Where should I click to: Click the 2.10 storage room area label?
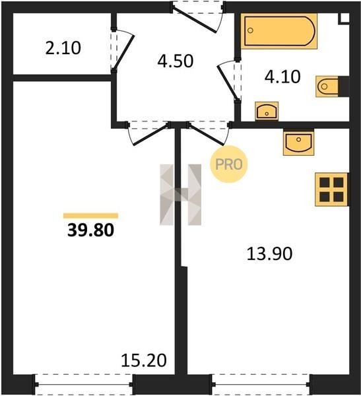click(63, 48)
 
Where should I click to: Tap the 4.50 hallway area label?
click(176, 61)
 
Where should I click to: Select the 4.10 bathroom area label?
click(282, 77)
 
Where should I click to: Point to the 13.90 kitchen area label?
click(269, 253)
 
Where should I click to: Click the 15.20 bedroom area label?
click(144, 360)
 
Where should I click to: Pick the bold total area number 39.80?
click(90, 230)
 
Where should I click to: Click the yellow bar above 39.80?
click(90, 215)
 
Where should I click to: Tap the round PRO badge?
click(229, 164)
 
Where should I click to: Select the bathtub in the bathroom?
click(279, 31)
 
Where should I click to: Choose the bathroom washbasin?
click(267, 111)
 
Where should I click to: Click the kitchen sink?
click(298, 142)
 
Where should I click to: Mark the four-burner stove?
click(332, 189)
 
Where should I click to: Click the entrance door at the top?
click(198, 16)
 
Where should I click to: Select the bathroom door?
click(229, 81)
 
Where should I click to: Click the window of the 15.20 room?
click(84, 384)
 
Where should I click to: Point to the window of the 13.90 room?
click(261, 384)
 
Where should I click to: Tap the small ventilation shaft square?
click(344, 18)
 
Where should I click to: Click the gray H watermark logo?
click(181, 195)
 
